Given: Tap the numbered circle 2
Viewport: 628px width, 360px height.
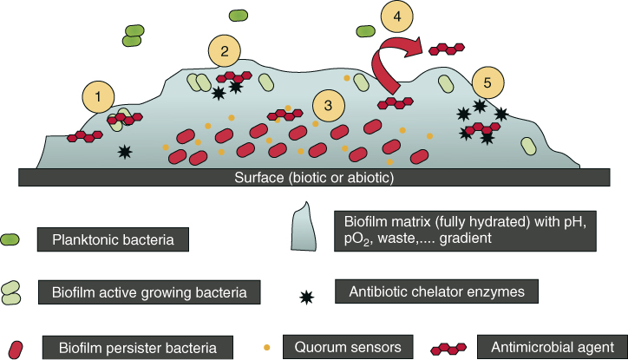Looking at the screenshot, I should [x=224, y=51].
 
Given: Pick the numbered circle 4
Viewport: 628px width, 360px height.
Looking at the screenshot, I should [x=396, y=16].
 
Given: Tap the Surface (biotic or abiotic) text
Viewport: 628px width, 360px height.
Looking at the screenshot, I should [x=314, y=179].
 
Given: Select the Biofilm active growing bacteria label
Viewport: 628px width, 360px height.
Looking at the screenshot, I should [x=148, y=292].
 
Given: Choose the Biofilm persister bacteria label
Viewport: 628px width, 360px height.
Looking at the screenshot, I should [x=138, y=348].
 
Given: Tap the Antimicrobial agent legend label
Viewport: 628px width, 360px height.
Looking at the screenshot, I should [x=551, y=348].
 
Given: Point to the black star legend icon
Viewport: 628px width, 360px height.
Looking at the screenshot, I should [x=305, y=297].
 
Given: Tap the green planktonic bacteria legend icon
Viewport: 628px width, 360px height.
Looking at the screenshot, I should [x=12, y=238].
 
